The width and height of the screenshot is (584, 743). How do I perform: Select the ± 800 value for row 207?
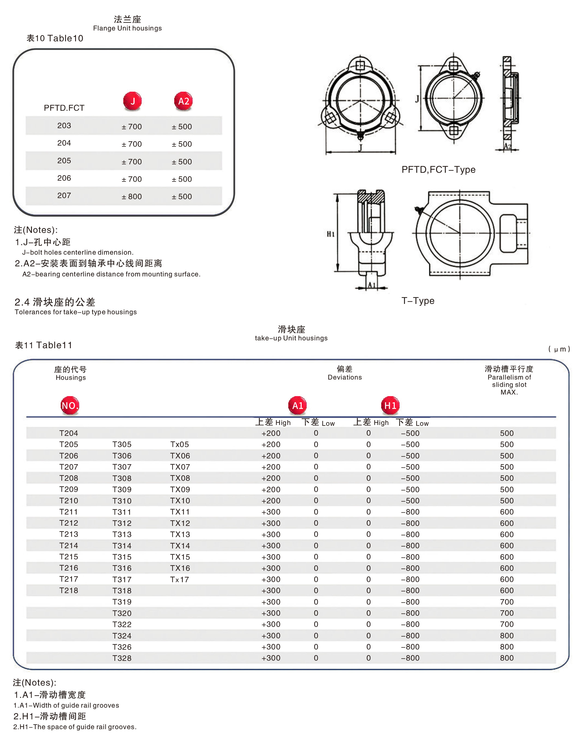[x=132, y=196]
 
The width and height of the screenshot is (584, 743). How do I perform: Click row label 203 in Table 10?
[x=64, y=126]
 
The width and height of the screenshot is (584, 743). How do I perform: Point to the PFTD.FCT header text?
[x=64, y=108]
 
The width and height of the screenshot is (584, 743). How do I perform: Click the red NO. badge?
[x=70, y=405]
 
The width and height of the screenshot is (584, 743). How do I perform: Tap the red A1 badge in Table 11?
[x=298, y=405]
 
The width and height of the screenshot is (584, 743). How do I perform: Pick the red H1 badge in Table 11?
[x=390, y=405]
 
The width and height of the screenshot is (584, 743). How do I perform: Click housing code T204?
[x=68, y=433]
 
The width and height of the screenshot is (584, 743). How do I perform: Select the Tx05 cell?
[x=179, y=445]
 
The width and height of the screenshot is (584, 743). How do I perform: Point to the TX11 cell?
[x=180, y=512]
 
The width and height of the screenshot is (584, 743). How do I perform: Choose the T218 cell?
[x=68, y=590]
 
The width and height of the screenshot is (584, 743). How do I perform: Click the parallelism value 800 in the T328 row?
[x=507, y=658]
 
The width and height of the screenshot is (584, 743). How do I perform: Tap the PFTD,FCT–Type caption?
[x=438, y=169]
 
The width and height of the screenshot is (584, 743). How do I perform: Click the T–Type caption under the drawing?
[x=418, y=301]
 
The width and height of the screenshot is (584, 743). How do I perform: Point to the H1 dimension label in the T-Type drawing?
[x=331, y=234]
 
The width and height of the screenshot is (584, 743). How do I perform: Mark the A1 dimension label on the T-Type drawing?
[x=372, y=285]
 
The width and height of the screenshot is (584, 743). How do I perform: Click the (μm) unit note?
[x=559, y=349]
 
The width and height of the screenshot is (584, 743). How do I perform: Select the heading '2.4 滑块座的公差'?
[x=55, y=302]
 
